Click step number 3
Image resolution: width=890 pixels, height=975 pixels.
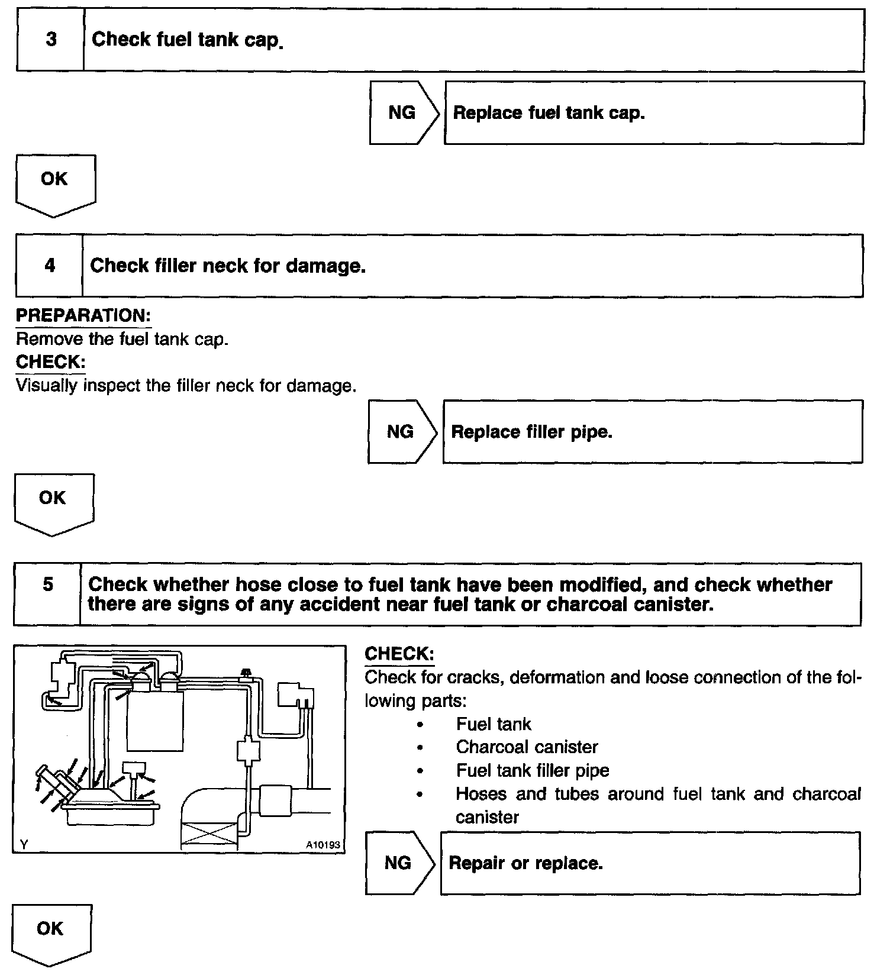[51, 40]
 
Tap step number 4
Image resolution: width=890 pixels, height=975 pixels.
[50, 265]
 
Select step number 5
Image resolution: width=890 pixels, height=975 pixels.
[48, 585]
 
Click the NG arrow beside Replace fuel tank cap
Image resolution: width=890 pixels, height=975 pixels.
[402, 112]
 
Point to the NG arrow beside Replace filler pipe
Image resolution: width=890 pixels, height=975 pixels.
[401, 431]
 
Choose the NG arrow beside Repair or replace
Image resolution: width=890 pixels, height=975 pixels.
[398, 863]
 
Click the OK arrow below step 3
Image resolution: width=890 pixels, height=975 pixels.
[54, 181]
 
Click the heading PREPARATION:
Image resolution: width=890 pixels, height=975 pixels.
[83, 315]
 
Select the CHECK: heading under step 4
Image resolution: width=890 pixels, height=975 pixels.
[50, 361]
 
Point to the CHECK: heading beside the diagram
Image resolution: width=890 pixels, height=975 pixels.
[399, 654]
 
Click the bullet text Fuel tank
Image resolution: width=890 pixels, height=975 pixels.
[494, 724]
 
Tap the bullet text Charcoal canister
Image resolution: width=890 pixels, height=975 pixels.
[527, 747]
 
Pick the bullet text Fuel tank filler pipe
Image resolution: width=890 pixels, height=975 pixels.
[533, 770]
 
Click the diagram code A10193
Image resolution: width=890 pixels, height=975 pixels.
[323, 845]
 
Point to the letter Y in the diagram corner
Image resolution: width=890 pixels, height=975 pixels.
[24, 845]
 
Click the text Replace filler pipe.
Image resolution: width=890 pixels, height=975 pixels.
[531, 432]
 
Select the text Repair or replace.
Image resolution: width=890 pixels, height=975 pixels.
[525, 863]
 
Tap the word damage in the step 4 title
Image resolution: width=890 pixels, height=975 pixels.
[325, 266]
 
